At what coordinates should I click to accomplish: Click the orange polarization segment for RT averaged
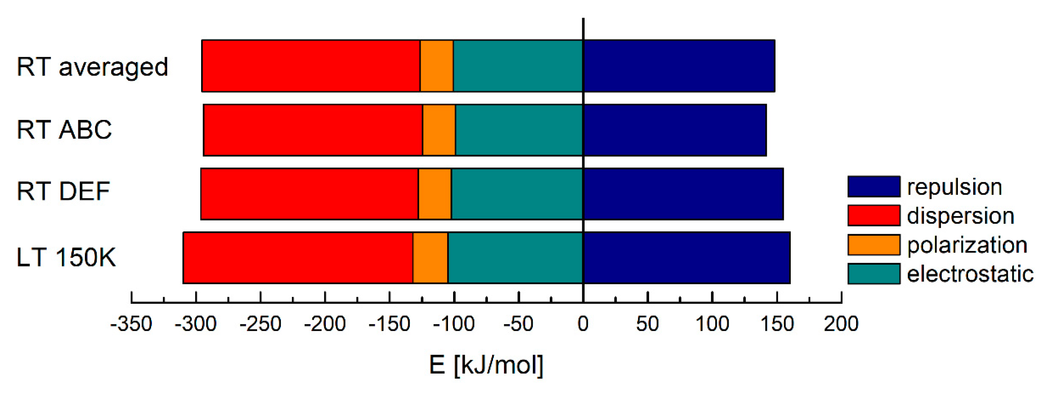(437, 66)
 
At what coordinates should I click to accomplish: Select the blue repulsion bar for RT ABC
(675, 130)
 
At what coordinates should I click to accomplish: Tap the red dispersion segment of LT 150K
(298, 258)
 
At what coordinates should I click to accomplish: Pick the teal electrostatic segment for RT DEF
(517, 194)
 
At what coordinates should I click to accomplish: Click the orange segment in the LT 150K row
(430, 258)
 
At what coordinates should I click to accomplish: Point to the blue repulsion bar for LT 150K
(687, 258)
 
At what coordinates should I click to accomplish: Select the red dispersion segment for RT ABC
(313, 130)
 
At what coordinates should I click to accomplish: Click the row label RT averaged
(92, 67)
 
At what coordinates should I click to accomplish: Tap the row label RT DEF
(63, 192)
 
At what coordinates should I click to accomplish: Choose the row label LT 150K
(67, 257)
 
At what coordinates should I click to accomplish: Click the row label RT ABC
(64, 130)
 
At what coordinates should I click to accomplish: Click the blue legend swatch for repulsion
(874, 186)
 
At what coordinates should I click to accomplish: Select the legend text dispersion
(960, 216)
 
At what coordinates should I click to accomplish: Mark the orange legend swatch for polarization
(874, 245)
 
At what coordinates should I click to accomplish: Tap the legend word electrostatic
(970, 274)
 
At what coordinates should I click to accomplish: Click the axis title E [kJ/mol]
(486, 365)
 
